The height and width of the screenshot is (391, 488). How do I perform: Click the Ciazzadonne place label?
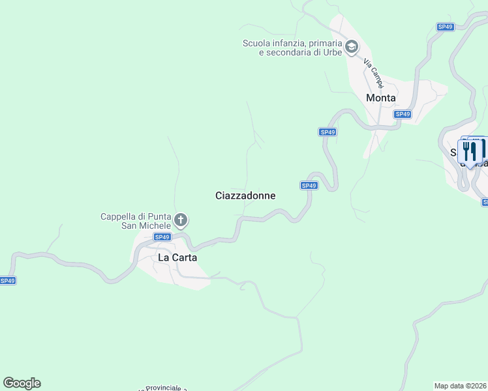(245, 195)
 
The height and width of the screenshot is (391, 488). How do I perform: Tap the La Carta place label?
(177, 257)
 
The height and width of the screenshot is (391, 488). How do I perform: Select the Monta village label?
(381, 98)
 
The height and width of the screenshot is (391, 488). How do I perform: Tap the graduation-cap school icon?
(352, 46)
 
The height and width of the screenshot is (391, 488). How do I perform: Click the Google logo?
(22, 383)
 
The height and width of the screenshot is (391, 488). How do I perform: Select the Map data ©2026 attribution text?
(461, 386)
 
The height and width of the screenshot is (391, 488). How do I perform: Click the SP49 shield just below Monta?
(403, 114)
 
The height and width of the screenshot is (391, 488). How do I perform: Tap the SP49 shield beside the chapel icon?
(163, 237)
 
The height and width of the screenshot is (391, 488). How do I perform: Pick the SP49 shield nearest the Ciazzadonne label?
(309, 186)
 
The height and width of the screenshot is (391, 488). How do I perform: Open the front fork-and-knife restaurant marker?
(469, 152)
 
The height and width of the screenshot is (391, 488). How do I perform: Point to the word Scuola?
(256, 44)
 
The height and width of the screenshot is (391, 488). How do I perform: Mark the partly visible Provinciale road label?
(162, 388)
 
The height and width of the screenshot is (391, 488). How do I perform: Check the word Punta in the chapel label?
(160, 217)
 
